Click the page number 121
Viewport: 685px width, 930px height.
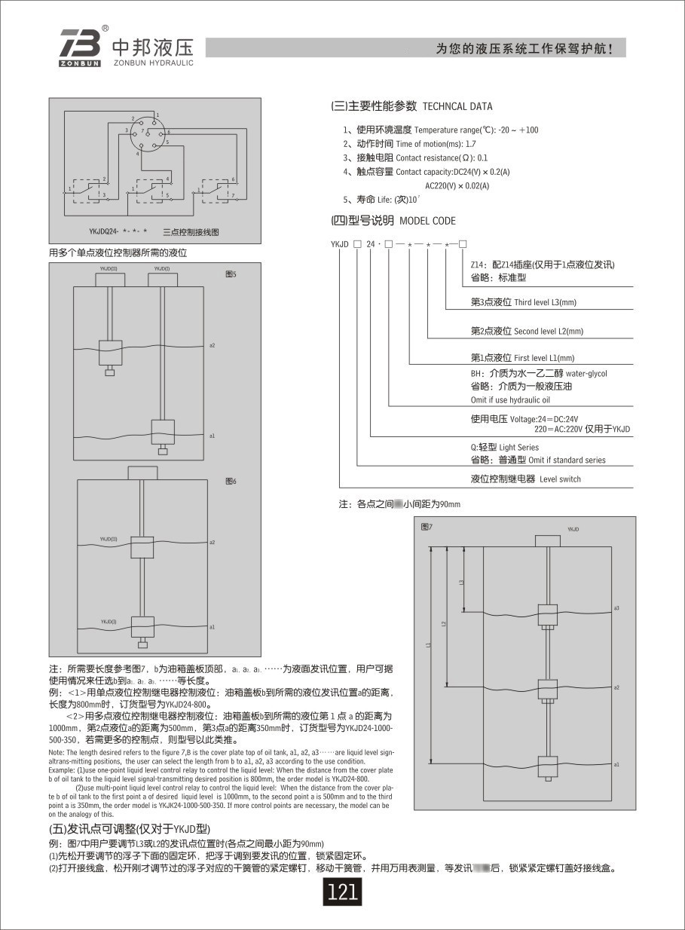(342, 893)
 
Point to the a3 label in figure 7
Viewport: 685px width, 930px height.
(616, 607)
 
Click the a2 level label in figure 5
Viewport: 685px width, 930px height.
(213, 344)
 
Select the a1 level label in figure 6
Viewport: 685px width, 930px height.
(213, 626)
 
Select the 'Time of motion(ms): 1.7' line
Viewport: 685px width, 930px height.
(410, 143)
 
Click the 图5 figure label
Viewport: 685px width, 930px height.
(231, 274)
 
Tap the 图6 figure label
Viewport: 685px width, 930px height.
(231, 480)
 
